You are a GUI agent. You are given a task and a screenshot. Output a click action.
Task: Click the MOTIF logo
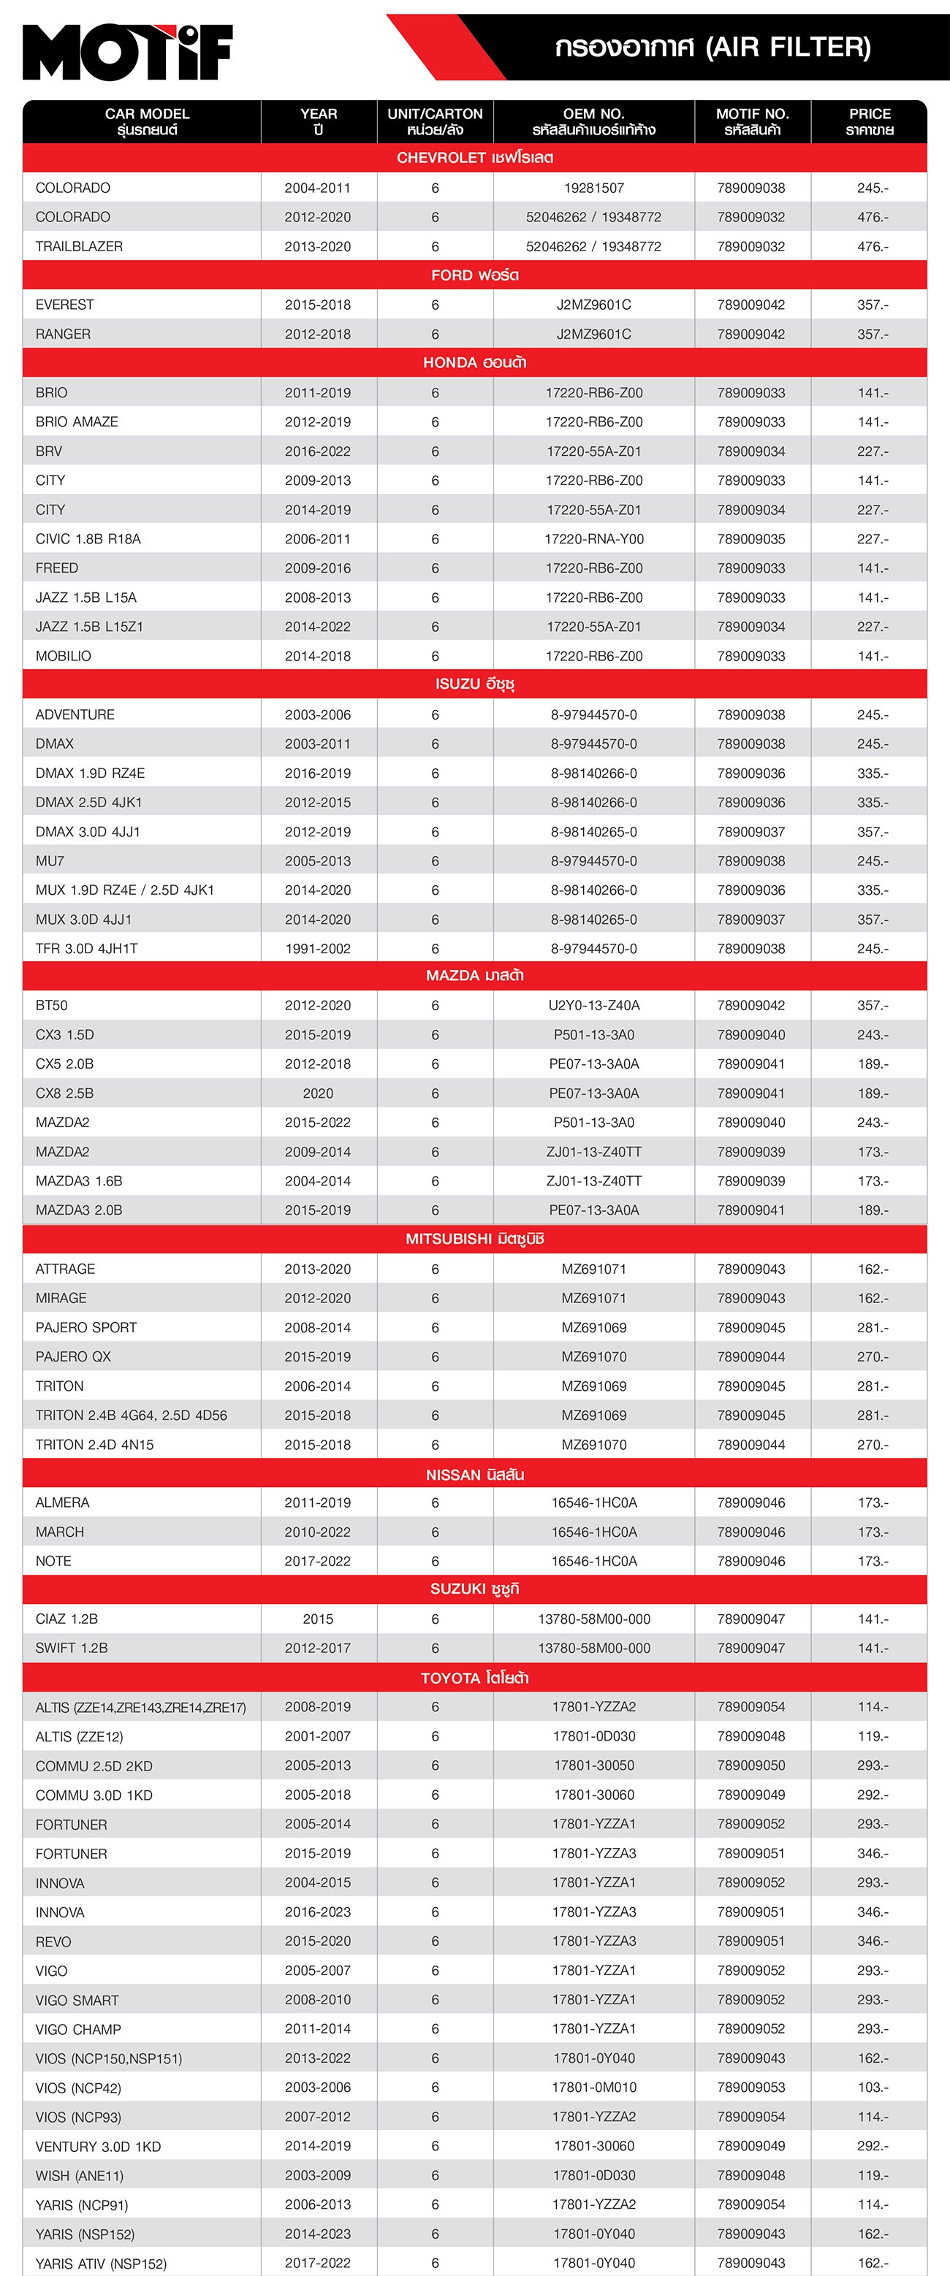tap(127, 52)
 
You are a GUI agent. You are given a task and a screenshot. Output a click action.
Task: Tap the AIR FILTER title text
tap(712, 47)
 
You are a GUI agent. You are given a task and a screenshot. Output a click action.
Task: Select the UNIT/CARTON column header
tap(435, 121)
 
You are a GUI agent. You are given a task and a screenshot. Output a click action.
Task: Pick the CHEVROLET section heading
tap(474, 157)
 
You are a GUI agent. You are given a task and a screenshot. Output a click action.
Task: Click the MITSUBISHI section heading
tap(474, 1239)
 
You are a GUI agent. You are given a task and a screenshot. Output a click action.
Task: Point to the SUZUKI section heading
tap(474, 1589)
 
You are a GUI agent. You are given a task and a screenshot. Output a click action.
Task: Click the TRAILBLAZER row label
tap(79, 246)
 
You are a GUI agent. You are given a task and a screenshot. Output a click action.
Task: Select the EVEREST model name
tap(64, 305)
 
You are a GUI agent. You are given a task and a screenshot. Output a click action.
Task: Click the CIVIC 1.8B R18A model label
tap(88, 539)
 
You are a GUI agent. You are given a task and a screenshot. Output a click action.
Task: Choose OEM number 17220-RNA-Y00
tap(594, 539)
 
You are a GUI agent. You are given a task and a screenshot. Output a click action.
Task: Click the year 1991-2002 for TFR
tap(317, 948)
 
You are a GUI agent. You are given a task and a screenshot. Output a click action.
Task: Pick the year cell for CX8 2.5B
tap(317, 1093)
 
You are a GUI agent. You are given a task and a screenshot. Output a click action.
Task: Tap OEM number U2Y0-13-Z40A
tap(594, 1006)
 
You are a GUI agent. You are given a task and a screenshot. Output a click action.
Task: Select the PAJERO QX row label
tap(73, 1356)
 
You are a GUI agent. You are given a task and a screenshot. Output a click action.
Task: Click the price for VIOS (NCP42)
tap(873, 2087)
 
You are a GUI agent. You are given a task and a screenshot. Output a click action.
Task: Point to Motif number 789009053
tap(751, 2087)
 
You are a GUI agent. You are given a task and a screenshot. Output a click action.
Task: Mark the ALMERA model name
tap(62, 1502)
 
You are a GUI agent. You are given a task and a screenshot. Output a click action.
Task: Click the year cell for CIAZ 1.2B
tap(317, 1619)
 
